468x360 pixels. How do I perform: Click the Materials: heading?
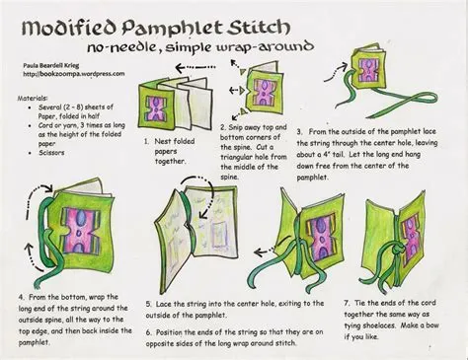click(x=33, y=98)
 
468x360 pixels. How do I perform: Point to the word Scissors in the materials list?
click(x=51, y=153)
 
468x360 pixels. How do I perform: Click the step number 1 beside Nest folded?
click(x=146, y=142)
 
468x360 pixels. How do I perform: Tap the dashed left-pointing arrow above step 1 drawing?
click(x=195, y=68)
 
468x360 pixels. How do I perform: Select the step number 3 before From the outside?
click(x=299, y=132)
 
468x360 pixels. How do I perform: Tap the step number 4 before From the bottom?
click(x=22, y=297)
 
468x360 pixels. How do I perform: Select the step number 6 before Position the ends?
click(x=149, y=332)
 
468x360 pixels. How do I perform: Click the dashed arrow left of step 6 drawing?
click(x=264, y=252)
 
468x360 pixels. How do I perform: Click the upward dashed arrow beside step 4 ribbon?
click(x=33, y=258)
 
